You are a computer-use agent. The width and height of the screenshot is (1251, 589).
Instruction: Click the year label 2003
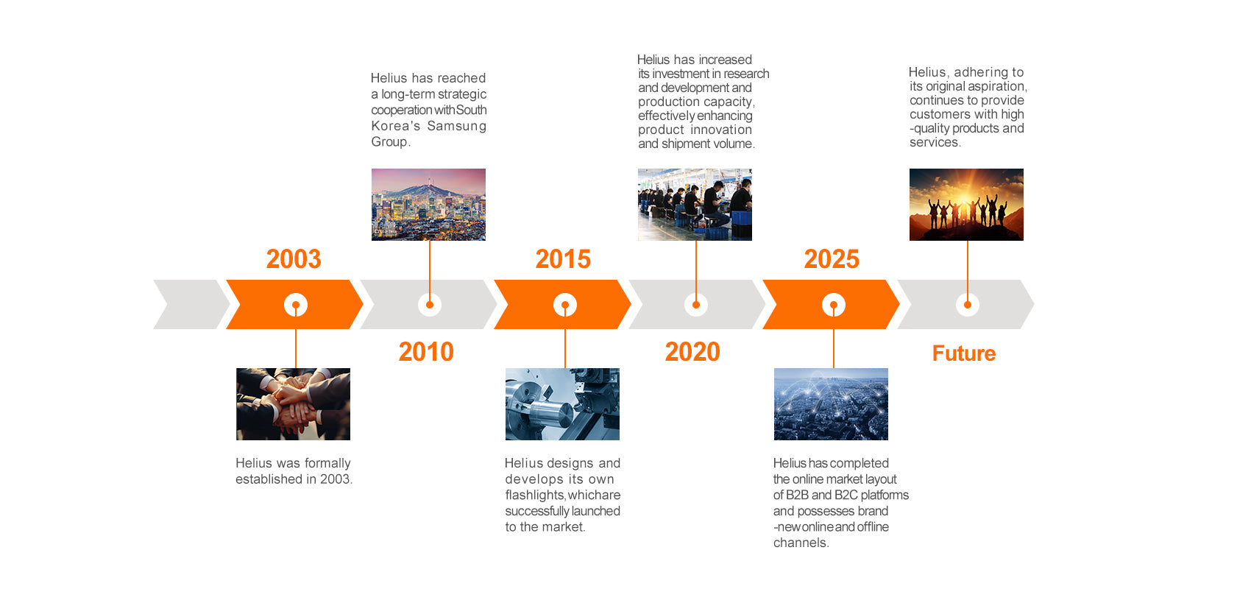(294, 259)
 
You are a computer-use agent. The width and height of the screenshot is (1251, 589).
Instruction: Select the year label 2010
(426, 352)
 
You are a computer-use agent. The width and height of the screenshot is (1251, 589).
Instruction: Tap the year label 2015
(563, 259)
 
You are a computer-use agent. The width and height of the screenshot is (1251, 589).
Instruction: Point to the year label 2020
(692, 352)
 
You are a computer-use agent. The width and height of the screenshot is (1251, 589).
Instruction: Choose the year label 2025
(832, 259)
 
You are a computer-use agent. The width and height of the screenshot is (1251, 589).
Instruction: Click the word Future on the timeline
(964, 353)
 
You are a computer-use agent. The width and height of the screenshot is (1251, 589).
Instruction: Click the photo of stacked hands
(293, 404)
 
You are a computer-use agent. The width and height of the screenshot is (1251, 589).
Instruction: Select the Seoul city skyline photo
(428, 205)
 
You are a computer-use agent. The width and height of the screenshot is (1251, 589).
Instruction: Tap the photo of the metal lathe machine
(562, 404)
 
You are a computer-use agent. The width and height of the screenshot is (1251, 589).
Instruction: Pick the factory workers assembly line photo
(695, 205)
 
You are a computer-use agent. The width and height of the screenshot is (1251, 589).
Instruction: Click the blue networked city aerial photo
(831, 404)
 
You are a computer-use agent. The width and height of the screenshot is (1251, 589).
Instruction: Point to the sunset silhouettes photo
(966, 205)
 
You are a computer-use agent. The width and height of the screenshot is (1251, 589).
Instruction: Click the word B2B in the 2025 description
(797, 495)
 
